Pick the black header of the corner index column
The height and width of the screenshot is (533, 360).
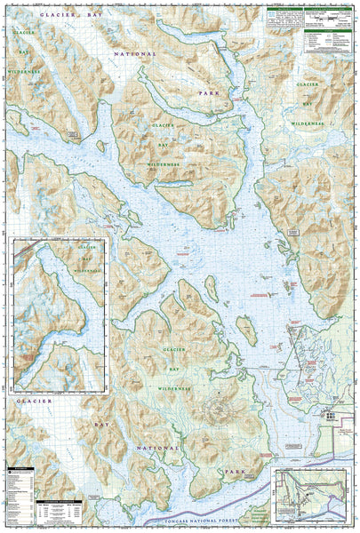18,468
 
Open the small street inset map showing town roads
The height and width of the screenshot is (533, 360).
313,494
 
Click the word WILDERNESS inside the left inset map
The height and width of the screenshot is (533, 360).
86,266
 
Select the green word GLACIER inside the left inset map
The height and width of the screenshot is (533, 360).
86,247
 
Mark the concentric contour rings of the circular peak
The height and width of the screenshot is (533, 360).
216,410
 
